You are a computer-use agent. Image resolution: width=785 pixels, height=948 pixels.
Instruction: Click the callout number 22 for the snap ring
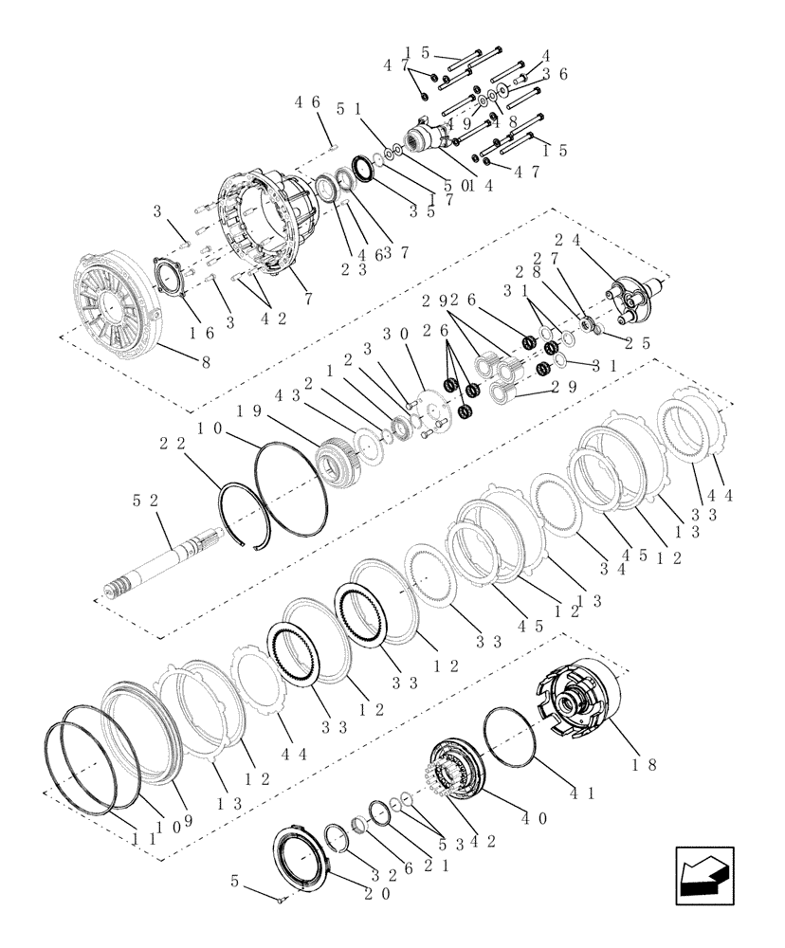click(172, 443)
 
